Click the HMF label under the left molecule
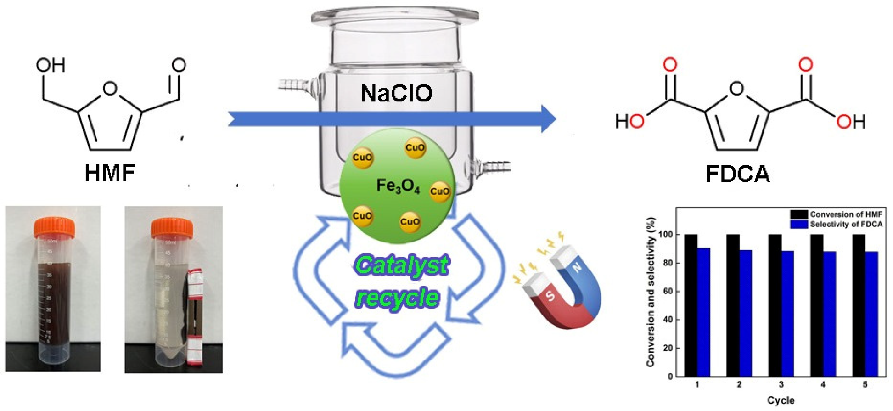tap(110, 174)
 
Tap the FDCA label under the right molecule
tap(737, 174)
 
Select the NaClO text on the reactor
tap(396, 93)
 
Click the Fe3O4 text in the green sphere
tap(398, 186)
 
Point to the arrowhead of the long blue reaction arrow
tap(548, 119)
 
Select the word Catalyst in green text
tap(402, 265)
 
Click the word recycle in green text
tap(398, 298)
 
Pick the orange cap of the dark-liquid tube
tap(54, 227)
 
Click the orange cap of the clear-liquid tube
tap(172, 227)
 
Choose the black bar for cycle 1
tap(691, 305)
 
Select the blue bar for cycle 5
tap(871, 314)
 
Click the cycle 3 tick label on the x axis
tap(781, 384)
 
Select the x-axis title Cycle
tap(781, 400)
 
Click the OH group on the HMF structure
tap(51, 65)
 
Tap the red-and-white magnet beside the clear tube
tap(195, 317)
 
